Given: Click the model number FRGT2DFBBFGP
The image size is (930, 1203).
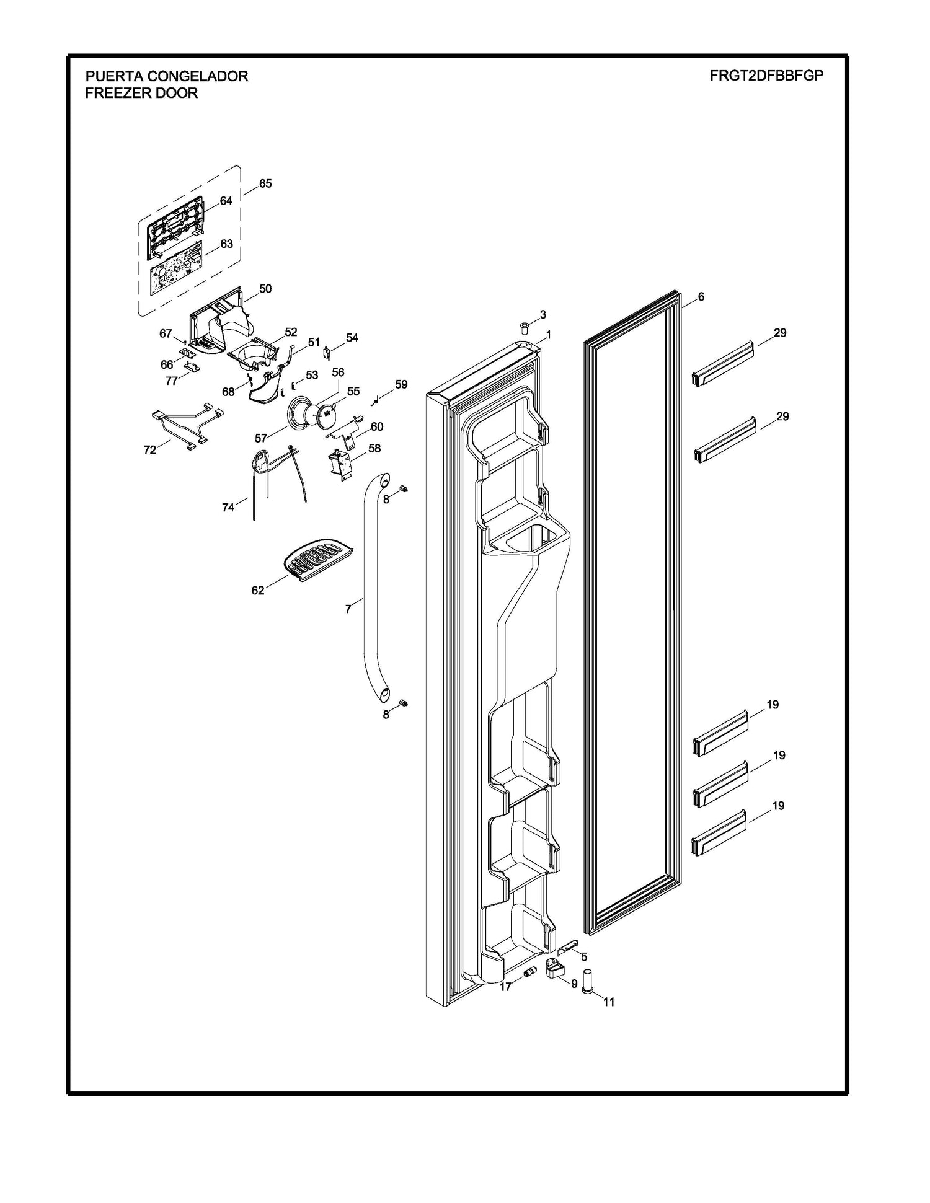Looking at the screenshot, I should [x=766, y=76].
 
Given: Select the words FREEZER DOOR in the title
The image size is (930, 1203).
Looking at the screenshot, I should [x=141, y=93].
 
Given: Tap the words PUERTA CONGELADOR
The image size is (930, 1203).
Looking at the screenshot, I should [x=166, y=76].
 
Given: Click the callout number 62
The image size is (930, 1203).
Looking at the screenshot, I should [x=258, y=591].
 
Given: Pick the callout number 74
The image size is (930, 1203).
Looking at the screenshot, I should [x=228, y=508].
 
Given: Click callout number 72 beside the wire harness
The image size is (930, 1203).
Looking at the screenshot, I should [x=150, y=450].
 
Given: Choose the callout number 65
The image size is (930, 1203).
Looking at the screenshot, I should [x=265, y=183].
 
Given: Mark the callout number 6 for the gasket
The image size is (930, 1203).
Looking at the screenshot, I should [x=701, y=297].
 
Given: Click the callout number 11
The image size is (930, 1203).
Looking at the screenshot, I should [x=609, y=1002].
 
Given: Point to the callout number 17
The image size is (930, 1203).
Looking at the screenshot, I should [x=505, y=987].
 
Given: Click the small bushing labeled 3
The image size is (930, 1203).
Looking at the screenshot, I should [x=524, y=327].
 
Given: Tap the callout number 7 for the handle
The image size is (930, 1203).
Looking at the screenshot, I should [x=348, y=609].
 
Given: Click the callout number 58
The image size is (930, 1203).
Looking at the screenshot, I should [x=374, y=448].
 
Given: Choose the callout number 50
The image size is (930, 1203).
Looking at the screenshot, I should [x=265, y=289].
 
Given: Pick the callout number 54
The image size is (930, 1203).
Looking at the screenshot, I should [x=352, y=338].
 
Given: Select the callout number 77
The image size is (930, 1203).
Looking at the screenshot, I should [x=172, y=381].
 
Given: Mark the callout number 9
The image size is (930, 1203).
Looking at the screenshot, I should [x=574, y=984].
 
